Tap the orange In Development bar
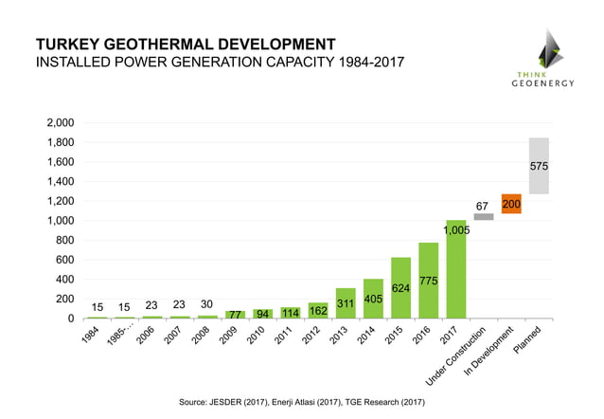pos(511,204)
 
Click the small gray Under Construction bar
pos(484,217)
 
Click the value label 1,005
pos(456,229)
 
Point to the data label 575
pos(539,166)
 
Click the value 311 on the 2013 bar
pos(346,304)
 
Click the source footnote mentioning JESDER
pos(302,402)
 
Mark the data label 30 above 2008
pos(207,303)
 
